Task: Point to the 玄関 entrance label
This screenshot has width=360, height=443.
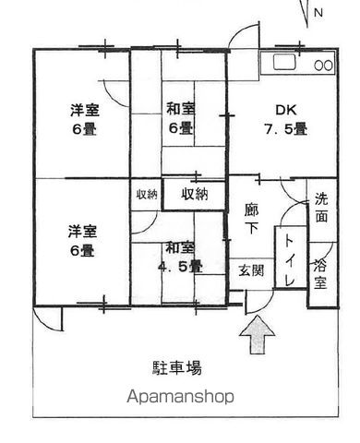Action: tap(251, 269)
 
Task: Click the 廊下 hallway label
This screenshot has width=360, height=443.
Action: tap(250, 218)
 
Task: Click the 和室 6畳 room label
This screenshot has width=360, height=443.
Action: tap(180, 117)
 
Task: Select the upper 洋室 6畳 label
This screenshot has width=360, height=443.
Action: tap(84, 119)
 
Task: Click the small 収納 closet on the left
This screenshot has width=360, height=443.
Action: tap(146, 194)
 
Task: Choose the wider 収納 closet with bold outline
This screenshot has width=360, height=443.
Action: tap(194, 194)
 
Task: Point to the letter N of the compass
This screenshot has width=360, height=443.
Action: tap(318, 12)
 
